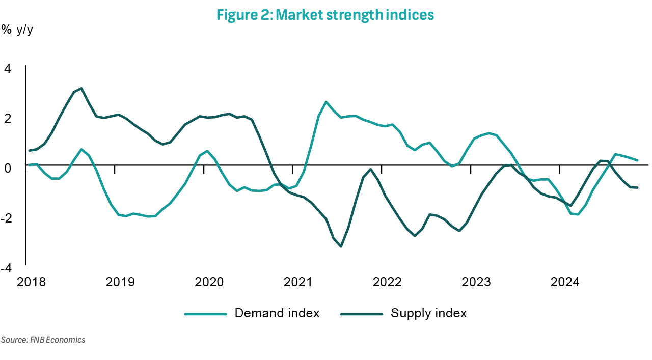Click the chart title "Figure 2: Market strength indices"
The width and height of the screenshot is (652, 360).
pos(325,15)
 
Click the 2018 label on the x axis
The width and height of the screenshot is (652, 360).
pos(31,282)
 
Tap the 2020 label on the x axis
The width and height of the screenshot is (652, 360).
pos(209,282)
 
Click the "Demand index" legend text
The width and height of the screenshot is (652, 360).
pos(277,313)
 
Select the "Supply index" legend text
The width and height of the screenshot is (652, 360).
pos(428,313)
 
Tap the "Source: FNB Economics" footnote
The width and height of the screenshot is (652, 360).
pos(43,340)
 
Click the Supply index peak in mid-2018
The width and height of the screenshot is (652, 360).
pos(81,88)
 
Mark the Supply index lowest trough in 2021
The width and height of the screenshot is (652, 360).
pos(341,246)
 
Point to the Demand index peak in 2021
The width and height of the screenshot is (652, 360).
pos(326,102)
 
